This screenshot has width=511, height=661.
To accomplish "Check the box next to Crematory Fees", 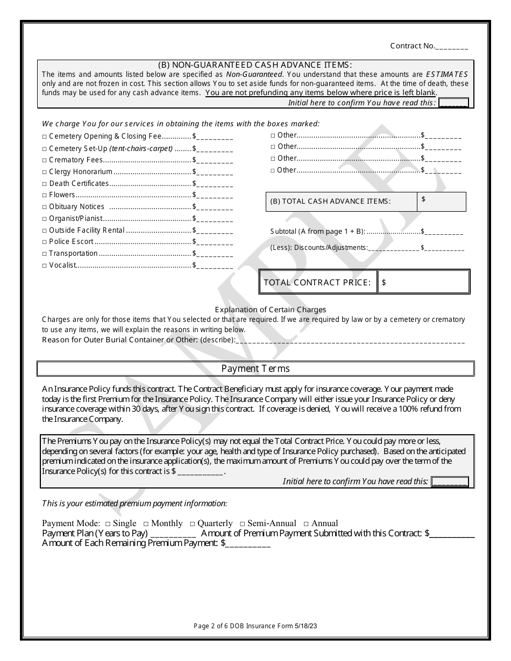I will (45, 160).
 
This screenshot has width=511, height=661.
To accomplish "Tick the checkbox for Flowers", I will (45, 196).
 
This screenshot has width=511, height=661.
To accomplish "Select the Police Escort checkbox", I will (45, 242).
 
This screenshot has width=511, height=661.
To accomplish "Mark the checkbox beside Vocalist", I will (45, 265).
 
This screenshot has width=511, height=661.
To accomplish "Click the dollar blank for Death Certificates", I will (215, 184).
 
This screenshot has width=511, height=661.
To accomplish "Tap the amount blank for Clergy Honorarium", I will (215, 173).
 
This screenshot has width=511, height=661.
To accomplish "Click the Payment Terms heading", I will (256, 369).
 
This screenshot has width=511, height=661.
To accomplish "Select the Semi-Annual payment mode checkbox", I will (243, 523).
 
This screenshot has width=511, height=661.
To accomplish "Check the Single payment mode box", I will (108, 523).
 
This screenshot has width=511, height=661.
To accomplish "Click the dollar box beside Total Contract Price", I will (423, 282).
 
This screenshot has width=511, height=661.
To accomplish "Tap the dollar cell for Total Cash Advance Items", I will (441, 202).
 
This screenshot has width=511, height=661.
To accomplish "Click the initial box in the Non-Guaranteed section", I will (453, 103).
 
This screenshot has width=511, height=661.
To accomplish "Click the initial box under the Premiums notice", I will (450, 482).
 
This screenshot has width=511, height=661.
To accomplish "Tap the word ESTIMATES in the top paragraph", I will (446, 75).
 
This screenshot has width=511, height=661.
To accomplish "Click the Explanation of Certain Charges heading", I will (270, 310).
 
